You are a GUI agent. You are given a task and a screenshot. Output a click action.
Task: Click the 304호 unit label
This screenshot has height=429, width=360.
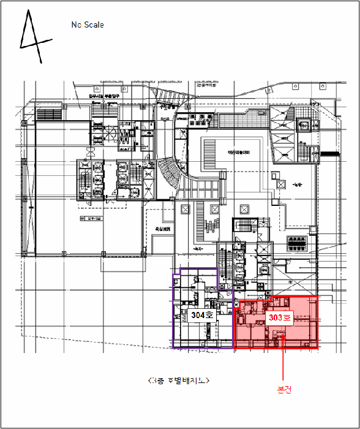point(201,315)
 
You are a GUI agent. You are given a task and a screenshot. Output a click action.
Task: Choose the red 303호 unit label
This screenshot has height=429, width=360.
point(279,318)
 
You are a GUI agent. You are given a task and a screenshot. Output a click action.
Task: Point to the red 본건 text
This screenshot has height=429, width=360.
point(283,389)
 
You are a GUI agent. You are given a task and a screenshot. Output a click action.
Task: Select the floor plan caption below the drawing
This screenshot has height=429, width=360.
point(179,381)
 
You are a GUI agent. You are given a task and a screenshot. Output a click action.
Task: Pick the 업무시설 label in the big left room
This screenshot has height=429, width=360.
point(85,218)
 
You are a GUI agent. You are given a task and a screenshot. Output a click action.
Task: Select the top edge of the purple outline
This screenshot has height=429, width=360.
point(195,268)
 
